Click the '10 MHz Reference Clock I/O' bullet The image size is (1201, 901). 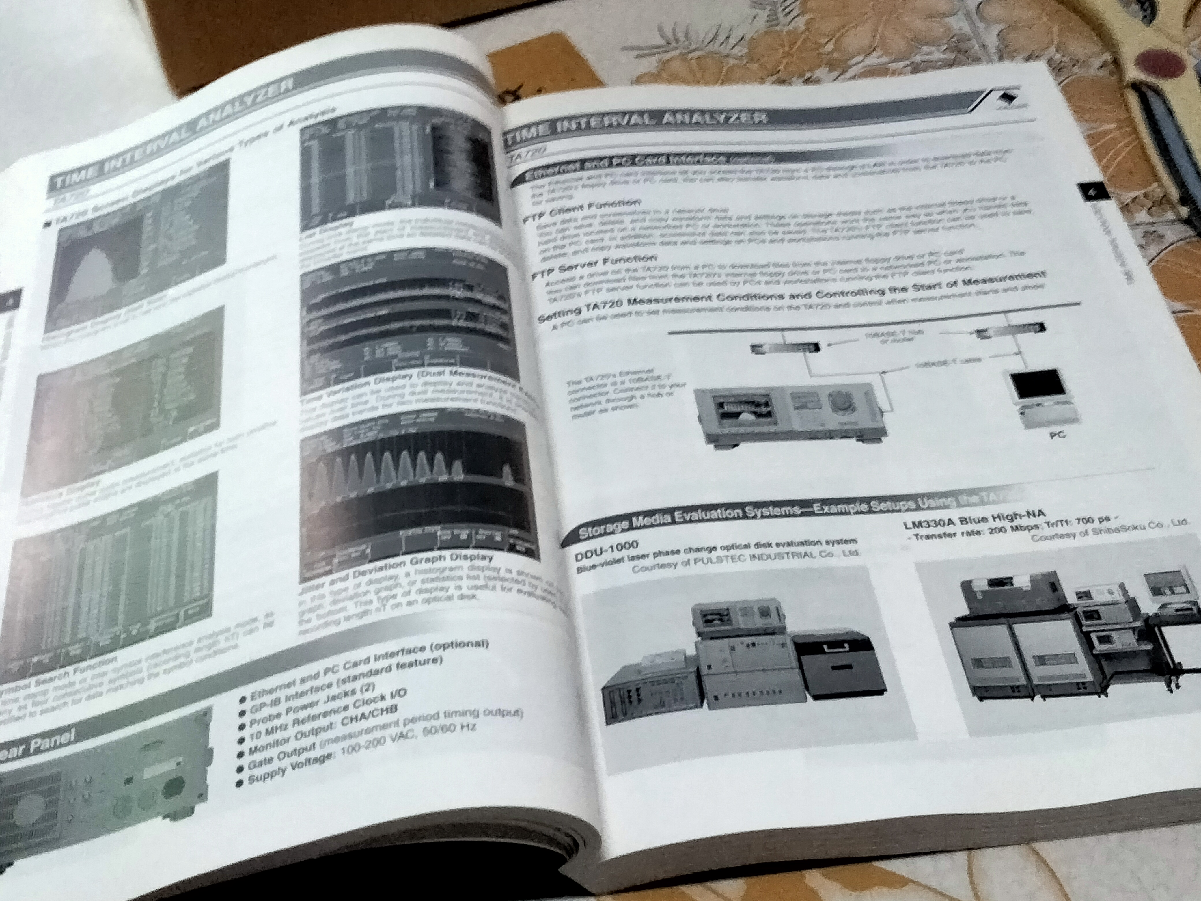(326, 716)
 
